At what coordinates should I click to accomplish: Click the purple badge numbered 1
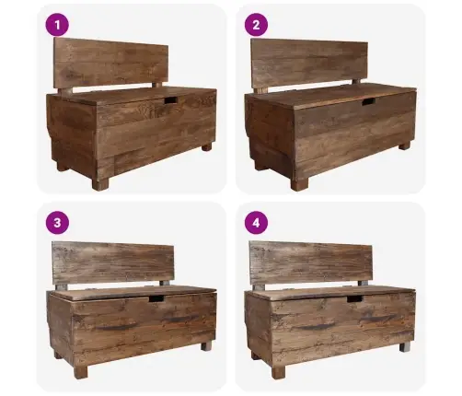57,25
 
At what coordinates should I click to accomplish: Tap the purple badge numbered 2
256,25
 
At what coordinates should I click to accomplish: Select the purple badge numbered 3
57,223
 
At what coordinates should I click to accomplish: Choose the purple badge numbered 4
256,223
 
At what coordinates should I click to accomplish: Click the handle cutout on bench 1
170,100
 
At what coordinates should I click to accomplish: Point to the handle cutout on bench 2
368,101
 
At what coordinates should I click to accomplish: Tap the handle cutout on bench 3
156,298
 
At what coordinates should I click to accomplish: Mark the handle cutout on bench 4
355,298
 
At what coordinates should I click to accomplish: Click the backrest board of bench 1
110,63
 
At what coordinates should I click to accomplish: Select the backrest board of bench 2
309,64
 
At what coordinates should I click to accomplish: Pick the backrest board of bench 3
113,263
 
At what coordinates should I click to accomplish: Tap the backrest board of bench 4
311,263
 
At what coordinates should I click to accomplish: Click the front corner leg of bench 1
100,183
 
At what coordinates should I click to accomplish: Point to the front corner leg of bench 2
299,184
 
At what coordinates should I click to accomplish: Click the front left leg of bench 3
81,371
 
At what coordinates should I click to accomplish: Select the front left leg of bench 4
278,372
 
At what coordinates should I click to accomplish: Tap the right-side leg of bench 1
207,147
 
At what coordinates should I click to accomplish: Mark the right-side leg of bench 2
404,146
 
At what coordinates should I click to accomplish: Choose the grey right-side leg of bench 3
206,346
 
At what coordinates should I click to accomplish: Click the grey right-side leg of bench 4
405,347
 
